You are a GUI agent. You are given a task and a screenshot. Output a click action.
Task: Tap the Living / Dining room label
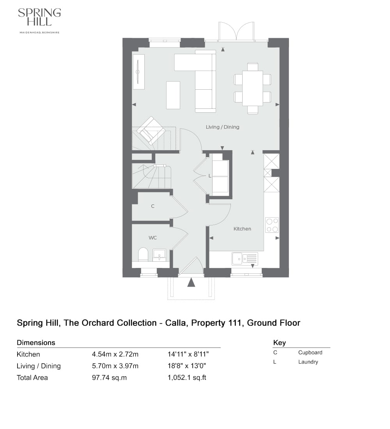(x=222, y=127)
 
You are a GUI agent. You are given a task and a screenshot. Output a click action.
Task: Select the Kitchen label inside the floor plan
(x=242, y=229)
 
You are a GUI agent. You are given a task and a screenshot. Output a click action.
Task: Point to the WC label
(x=152, y=237)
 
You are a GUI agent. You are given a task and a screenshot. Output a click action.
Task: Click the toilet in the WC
(x=143, y=255)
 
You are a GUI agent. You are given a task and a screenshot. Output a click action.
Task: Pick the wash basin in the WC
(x=159, y=255)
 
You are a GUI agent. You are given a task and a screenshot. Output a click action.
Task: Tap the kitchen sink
(x=245, y=259)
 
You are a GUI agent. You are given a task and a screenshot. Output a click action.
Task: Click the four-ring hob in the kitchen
(x=272, y=225)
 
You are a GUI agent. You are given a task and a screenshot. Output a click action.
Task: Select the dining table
(x=252, y=88)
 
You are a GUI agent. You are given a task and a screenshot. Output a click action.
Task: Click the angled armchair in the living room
(x=151, y=130)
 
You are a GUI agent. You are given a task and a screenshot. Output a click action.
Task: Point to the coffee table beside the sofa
(x=173, y=95)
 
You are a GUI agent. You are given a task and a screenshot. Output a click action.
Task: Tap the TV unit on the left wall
(x=138, y=72)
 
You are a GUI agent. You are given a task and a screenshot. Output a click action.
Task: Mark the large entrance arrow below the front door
(x=191, y=282)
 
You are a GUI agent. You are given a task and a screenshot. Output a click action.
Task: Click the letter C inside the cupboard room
(x=152, y=206)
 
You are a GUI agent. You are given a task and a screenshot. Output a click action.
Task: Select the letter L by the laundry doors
(x=209, y=176)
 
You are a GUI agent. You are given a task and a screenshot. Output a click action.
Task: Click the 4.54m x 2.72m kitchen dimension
(x=115, y=355)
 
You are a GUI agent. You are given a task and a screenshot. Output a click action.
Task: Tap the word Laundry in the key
(x=308, y=362)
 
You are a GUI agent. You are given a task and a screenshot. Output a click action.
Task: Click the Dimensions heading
(x=36, y=343)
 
